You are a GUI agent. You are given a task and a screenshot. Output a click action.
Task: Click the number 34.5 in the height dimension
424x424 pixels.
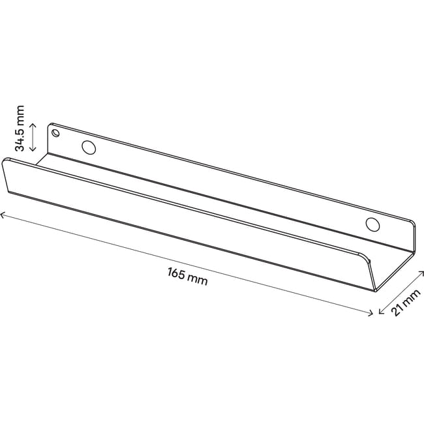[20, 138]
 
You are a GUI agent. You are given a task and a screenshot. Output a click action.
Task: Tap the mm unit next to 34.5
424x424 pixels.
[20, 114]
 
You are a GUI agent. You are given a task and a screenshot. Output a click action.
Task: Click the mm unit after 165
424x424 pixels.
[198, 280]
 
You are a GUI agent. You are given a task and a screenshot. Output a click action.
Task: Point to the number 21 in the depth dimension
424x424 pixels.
[397, 310]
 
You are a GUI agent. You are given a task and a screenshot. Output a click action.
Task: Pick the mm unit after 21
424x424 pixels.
[411, 297]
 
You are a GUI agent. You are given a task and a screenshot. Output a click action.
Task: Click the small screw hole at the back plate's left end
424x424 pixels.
[55, 133]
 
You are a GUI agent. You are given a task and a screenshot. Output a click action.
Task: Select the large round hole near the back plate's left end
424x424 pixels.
[89, 147]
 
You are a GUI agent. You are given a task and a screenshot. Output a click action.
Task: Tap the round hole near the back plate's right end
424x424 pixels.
[372, 224]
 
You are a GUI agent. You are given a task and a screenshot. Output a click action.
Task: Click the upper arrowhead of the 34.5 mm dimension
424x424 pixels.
[33, 125]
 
